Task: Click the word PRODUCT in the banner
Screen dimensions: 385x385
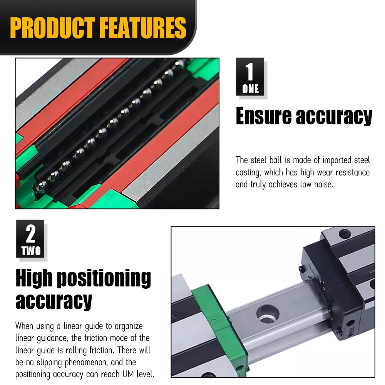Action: pyautogui.click(x=52, y=28)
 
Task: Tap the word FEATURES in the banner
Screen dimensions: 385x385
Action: pyautogui.click(x=143, y=28)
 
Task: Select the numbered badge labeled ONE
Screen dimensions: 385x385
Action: pyautogui.click(x=250, y=77)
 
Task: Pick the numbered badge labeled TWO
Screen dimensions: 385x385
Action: pyautogui.click(x=30, y=239)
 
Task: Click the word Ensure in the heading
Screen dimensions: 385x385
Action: pyautogui.click(x=263, y=115)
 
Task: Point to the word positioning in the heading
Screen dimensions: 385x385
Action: pyautogui.click(x=104, y=278)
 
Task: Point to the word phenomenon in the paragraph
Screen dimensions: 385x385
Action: pyautogui.click(x=86, y=362)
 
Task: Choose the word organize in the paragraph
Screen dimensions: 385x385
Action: pyautogui.click(x=129, y=326)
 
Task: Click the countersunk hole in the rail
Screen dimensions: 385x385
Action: pyautogui.click(x=268, y=314)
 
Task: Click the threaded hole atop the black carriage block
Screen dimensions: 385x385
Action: pyautogui.click(x=345, y=234)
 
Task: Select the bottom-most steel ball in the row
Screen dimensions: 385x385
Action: pyautogui.click(x=42, y=186)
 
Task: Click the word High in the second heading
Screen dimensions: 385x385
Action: pyautogui.click(x=34, y=278)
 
